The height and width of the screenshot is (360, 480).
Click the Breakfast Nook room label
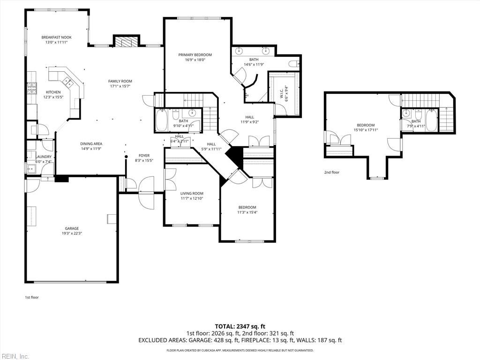[x=56, y=37]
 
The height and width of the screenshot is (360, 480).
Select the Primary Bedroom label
[x=195, y=55]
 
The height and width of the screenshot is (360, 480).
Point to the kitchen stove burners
[x=32, y=88]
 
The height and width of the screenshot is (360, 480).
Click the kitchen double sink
[x=68, y=82]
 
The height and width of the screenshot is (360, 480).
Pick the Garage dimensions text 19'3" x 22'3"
[x=72, y=233]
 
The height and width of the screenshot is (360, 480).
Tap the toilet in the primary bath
[x=294, y=64]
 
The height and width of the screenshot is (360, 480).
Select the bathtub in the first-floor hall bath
[x=161, y=120]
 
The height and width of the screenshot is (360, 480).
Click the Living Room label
[x=192, y=194]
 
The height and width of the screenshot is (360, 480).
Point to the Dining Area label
[x=91, y=144]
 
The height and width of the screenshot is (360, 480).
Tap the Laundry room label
[x=44, y=157]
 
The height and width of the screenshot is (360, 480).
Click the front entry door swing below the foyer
[x=146, y=193]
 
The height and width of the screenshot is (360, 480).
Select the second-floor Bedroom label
[x=366, y=125]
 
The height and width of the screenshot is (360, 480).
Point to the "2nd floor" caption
[x=332, y=172]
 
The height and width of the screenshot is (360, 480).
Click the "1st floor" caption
[x=32, y=297]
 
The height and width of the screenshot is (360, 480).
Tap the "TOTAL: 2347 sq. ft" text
[x=240, y=326]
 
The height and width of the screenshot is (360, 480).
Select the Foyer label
[x=144, y=156]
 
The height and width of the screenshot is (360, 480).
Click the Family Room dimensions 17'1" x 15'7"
[x=120, y=86]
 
